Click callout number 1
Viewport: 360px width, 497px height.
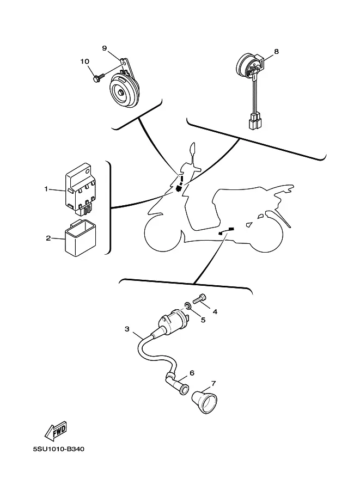point(46,189)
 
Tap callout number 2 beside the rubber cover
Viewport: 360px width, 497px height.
point(48,238)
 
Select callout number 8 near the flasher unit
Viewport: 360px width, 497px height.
point(276,51)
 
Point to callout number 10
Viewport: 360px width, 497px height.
point(84,62)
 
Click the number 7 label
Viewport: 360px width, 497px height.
point(213,384)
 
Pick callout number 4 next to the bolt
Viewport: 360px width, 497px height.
point(215,311)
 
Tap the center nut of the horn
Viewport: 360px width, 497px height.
point(121,93)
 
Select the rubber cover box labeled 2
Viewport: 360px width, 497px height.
point(81,238)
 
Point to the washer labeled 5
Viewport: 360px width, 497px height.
point(187,306)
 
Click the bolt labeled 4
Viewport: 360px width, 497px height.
point(199,299)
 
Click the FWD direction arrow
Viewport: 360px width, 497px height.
point(56,431)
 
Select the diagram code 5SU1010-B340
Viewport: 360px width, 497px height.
point(59,449)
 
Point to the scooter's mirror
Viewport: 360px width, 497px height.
point(193,151)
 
